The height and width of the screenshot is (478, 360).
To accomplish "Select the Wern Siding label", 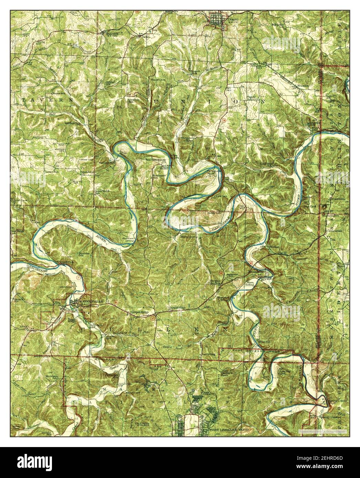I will point(250,283).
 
